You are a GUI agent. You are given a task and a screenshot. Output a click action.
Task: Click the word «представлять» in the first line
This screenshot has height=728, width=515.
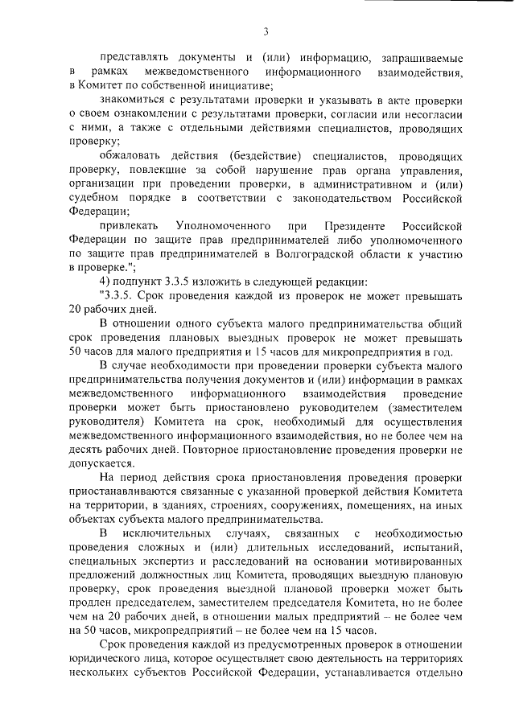132,58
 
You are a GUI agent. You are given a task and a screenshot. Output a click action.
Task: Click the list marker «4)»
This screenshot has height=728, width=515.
105,281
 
